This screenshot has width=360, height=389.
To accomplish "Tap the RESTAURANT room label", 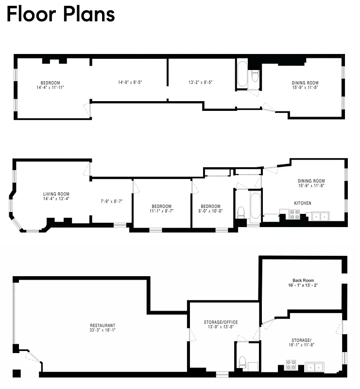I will point(103,325).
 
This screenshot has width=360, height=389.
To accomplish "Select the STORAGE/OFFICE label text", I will point(221,322).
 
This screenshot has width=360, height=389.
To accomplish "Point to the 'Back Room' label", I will point(303,281).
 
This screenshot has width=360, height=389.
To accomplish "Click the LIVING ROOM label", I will point(56,194).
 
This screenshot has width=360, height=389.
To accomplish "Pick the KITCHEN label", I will point(303,203).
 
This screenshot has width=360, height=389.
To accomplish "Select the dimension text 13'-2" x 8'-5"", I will point(200,83).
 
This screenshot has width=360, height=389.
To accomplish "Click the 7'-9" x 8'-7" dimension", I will point(112,201).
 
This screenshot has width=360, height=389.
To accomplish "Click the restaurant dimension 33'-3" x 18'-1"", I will point(103,330).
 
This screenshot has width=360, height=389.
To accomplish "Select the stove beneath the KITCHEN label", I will point(294,214).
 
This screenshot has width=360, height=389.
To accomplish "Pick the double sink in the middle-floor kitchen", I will point(320,215).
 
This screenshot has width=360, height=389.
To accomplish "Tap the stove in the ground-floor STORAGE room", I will point(291,365).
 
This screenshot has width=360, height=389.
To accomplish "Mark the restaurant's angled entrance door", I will point(33,358).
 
